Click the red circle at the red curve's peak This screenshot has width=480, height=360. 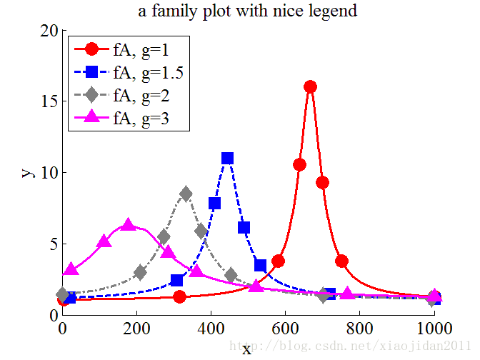coord(310,86)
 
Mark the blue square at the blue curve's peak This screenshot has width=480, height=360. coord(227,158)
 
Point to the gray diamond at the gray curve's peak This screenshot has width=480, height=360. coord(186,194)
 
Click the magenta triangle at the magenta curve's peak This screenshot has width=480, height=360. coord(129,225)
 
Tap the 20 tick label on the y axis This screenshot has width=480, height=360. coord(49,31)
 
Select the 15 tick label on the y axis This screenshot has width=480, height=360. coord(49,101)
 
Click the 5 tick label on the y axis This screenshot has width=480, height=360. coord(54,244)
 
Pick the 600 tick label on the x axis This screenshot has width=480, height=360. coord(285,329)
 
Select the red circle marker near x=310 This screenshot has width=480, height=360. coord(180,296)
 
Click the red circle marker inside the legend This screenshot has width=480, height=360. coord(91,50)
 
